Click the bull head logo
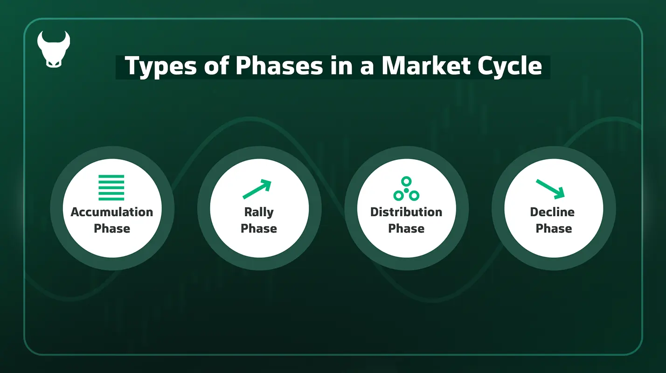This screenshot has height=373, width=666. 53,49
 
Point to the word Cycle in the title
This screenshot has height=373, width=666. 513,66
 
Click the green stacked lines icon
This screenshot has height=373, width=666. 111,187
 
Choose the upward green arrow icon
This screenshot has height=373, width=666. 257,189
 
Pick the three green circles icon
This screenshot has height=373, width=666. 406,189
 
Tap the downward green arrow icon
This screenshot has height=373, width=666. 551,188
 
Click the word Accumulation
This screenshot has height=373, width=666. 112,212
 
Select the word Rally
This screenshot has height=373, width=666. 259,212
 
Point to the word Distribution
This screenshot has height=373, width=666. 406,212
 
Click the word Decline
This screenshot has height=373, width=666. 552,212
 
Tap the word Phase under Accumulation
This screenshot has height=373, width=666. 112,228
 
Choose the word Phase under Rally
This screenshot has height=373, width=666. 259,228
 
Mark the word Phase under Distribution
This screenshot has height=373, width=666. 406,228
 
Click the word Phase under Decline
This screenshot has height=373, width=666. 554,228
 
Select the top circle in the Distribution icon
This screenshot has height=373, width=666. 406,181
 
